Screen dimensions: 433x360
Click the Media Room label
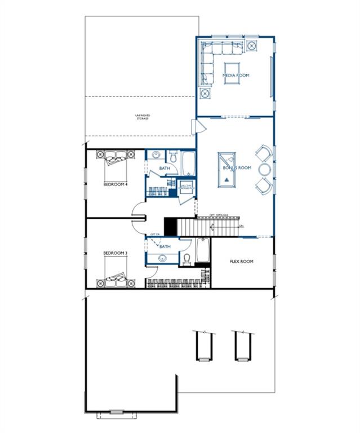tap(235, 75)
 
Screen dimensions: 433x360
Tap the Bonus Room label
tap(237, 168)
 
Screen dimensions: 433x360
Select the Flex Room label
tap(242, 262)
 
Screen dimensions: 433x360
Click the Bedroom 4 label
tap(115, 184)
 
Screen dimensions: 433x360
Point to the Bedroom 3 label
tap(115, 253)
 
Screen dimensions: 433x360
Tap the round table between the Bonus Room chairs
tap(265, 169)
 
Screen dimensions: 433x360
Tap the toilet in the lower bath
tap(186, 259)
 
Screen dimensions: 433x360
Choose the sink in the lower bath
tap(162, 258)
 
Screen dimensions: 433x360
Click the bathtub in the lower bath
tap(203, 251)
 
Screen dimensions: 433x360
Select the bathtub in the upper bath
tap(188, 163)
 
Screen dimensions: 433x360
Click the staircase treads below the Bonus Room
tap(217, 227)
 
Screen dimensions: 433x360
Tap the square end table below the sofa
tap(205, 93)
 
